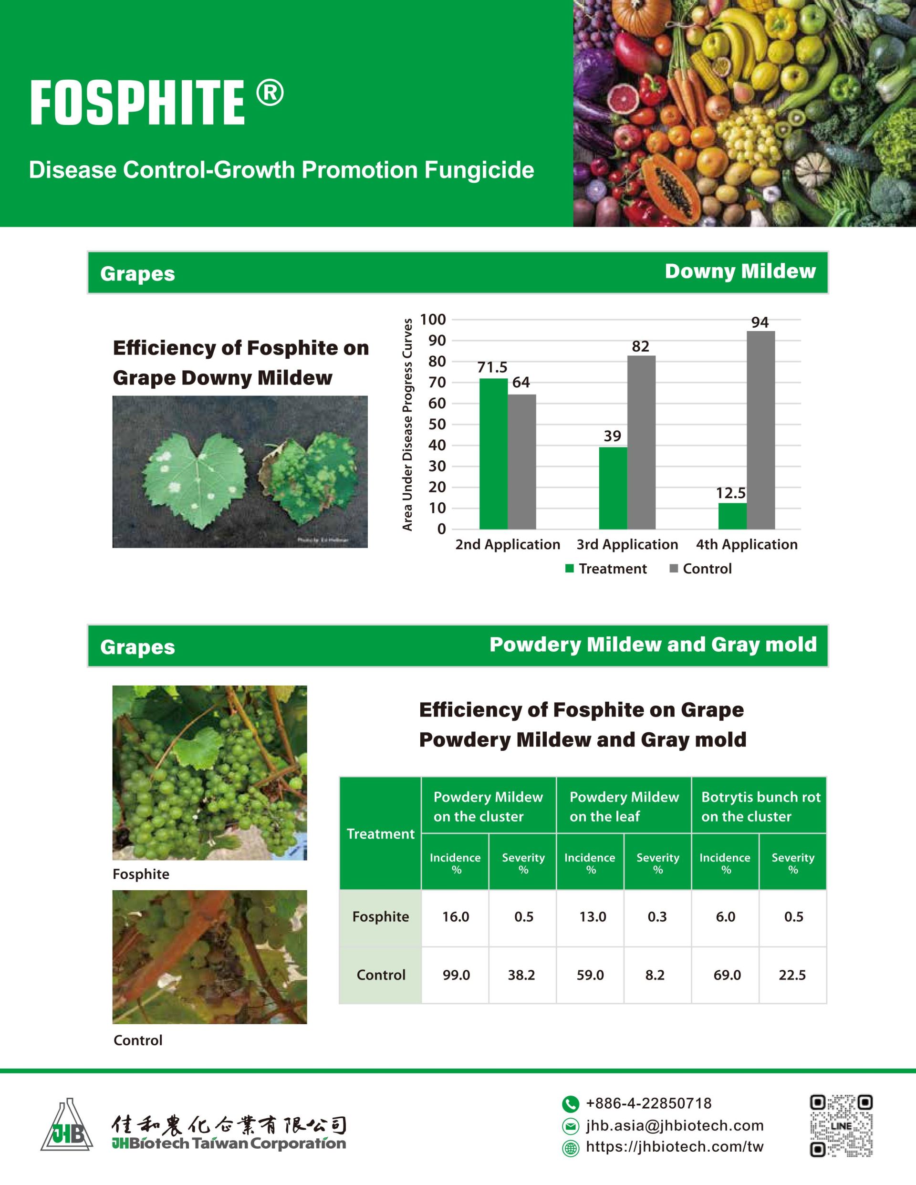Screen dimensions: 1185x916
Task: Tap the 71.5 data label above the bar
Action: coord(492,367)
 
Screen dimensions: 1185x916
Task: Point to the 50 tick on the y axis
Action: coord(437,424)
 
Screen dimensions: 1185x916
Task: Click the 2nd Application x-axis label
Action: coord(508,544)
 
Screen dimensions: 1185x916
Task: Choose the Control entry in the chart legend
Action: coord(707,569)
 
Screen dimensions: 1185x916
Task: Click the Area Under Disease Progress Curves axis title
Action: coord(407,424)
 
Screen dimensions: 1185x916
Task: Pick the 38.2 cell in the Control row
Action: coord(521,975)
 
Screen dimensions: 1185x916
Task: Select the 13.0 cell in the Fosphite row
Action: coord(592,916)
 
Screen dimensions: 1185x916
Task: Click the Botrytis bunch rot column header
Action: coord(760,806)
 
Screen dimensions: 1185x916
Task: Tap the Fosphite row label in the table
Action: coord(380,916)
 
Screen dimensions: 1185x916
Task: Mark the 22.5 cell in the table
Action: coord(792,975)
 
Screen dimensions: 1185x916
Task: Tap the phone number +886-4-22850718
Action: coord(648,1103)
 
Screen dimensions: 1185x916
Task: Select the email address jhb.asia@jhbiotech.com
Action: coord(675,1126)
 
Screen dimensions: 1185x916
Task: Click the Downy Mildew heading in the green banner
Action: coord(740,271)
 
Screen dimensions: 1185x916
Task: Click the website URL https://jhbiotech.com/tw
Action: coord(675,1147)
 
